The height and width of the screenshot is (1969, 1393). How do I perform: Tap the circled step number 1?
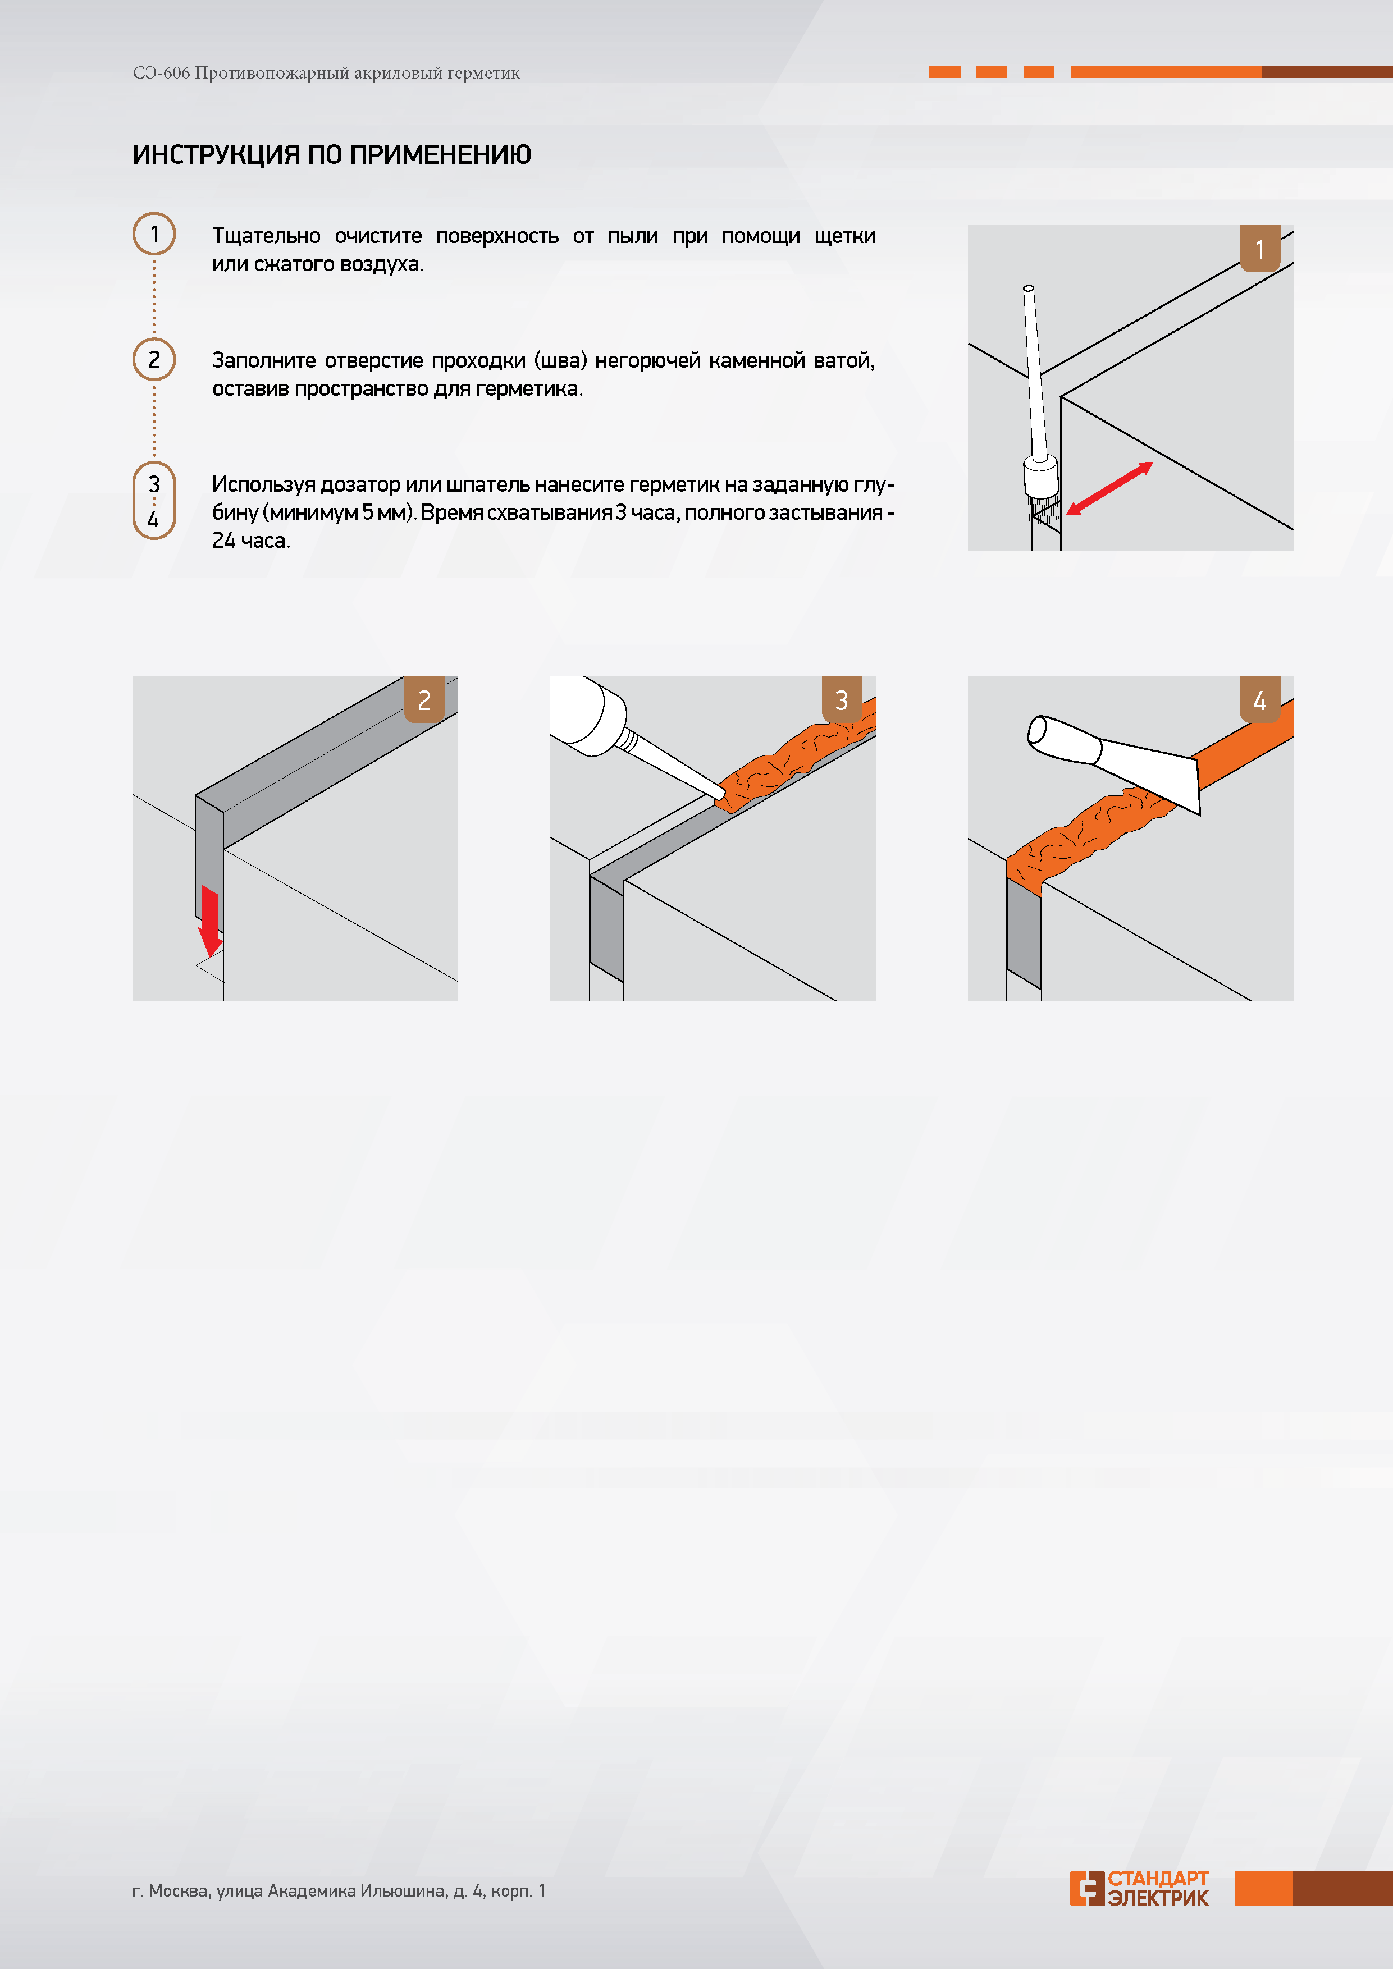[154, 233]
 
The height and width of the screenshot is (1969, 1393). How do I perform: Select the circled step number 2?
[154, 359]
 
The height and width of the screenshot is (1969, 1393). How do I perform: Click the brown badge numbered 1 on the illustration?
[1260, 249]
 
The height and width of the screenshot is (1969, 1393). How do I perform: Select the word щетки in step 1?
[845, 236]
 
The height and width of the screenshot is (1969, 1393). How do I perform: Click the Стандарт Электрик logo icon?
[1087, 1888]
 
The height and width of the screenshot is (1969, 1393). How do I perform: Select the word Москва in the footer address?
[179, 1891]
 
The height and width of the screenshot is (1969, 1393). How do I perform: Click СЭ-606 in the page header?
[161, 73]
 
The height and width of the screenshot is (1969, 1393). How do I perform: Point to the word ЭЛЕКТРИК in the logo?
[1158, 1898]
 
